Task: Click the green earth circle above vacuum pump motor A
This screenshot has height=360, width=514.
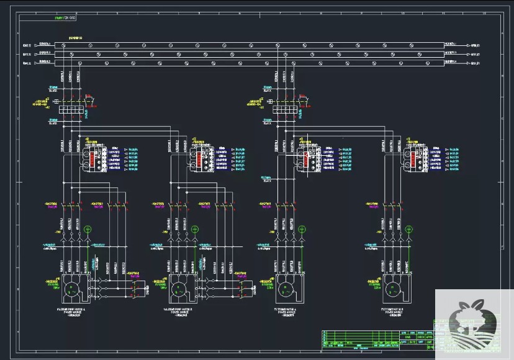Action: [x=88, y=230]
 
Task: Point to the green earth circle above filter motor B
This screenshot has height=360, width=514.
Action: [x=408, y=230]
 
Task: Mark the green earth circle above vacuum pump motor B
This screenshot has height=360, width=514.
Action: [x=194, y=230]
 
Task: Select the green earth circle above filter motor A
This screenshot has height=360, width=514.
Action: [x=302, y=230]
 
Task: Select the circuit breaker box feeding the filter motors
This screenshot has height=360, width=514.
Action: [x=284, y=109]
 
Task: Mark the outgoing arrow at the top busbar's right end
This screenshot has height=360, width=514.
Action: [x=467, y=45]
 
